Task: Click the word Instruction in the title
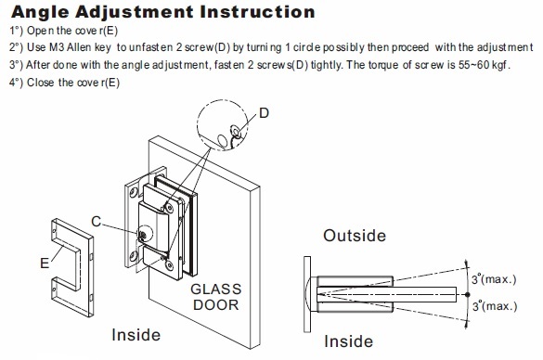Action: click(x=257, y=11)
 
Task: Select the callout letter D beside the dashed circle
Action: click(x=264, y=113)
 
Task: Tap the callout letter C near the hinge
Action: click(x=97, y=222)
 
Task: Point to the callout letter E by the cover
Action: click(x=45, y=264)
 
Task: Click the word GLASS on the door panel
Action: click(x=215, y=289)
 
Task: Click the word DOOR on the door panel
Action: click(x=215, y=305)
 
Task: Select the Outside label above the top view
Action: click(x=355, y=236)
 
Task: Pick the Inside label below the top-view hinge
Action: click(x=348, y=341)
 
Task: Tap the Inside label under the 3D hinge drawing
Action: click(x=136, y=335)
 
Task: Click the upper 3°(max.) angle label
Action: click(x=494, y=278)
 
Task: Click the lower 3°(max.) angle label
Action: click(x=495, y=305)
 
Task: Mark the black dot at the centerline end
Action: click(x=468, y=294)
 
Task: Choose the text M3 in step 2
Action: click(x=57, y=47)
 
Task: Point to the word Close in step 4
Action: click(x=41, y=83)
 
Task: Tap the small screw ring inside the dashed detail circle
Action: click(x=237, y=131)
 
